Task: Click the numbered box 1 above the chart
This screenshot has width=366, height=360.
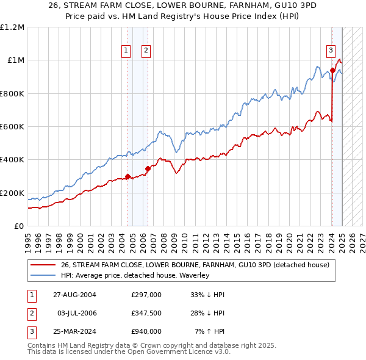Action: coord(126,51)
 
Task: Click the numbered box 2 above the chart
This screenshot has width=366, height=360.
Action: coord(146,51)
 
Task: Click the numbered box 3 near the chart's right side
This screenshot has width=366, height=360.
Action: coord(331,51)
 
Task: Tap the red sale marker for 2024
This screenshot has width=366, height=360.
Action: coord(332,70)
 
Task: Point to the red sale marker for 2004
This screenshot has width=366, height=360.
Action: coord(127,177)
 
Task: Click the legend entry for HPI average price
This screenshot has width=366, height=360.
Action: coord(135,275)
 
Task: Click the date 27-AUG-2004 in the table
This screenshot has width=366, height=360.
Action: coord(74,295)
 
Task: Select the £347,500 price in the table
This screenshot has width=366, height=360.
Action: coord(146,313)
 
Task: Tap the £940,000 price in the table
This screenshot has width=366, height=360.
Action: coord(146,331)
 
